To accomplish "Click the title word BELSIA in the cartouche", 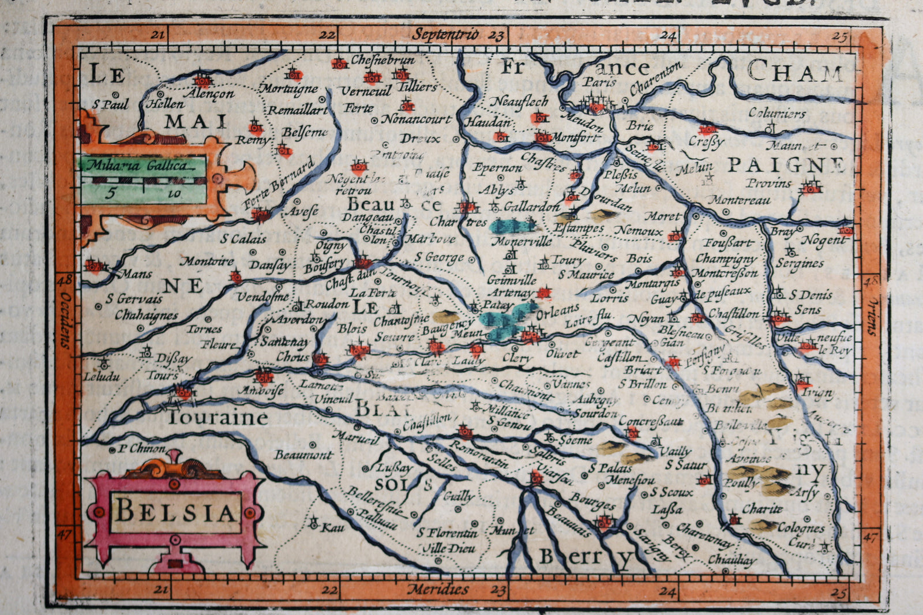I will pyautogui.click(x=175, y=511).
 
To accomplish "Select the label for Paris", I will pyautogui.click(x=599, y=82).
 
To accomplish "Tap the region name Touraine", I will pyautogui.click(x=217, y=417).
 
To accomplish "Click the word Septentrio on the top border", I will pyautogui.click(x=445, y=34).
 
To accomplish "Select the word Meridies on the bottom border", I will pyautogui.click(x=438, y=590).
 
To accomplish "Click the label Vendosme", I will pyautogui.click(x=263, y=297).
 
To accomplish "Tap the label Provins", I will pyautogui.click(x=768, y=183).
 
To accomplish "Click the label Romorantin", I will pyautogui.click(x=479, y=455).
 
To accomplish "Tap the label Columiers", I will pyautogui.click(x=777, y=113).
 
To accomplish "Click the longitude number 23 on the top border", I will pyautogui.click(x=496, y=36).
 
